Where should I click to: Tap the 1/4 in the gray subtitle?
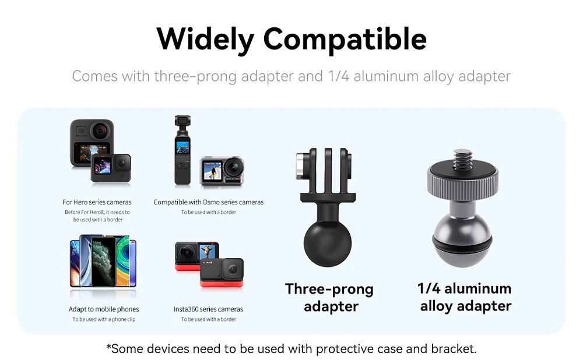(x=338, y=76)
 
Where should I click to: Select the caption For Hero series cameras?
(x=97, y=202)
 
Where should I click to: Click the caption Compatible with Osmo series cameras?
(x=208, y=202)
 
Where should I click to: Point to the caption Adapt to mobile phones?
(x=104, y=309)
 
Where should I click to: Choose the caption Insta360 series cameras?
(x=208, y=309)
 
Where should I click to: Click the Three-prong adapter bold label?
(x=329, y=298)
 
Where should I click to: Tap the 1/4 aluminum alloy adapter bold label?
(x=465, y=297)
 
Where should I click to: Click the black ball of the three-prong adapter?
(x=328, y=242)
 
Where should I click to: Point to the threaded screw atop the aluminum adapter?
(x=463, y=159)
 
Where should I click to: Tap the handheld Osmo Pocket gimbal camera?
(x=182, y=150)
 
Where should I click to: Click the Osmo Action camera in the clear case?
(x=222, y=171)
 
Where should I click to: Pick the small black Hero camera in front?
(x=111, y=168)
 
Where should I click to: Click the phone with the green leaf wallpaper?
(x=103, y=262)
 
